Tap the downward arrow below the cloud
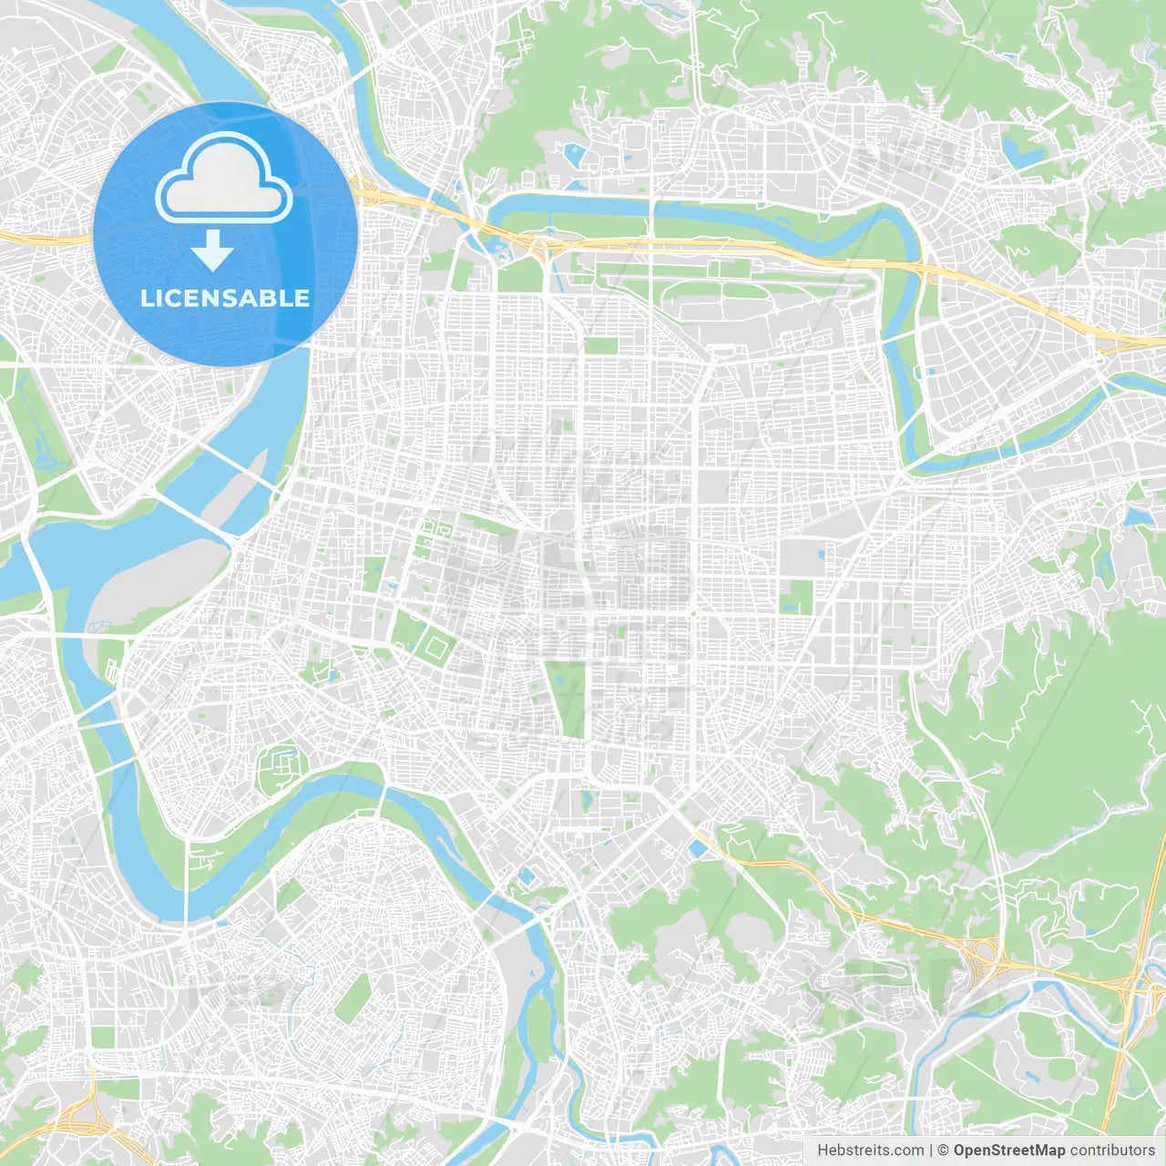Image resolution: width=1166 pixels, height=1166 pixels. pos(212,251)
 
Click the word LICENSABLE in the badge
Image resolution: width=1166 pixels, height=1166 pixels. pos(225,298)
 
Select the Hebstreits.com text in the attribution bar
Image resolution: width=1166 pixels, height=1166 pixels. pos(870,1151)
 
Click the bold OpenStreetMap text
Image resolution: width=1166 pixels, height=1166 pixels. pos(1008,1151)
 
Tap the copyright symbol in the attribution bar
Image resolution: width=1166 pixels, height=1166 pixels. pos(943,1151)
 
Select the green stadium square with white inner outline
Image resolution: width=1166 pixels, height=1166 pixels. pos(437,648)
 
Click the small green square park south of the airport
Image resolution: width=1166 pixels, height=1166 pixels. pos(600,346)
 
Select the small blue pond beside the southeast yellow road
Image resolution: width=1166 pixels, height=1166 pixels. pos(698,849)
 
